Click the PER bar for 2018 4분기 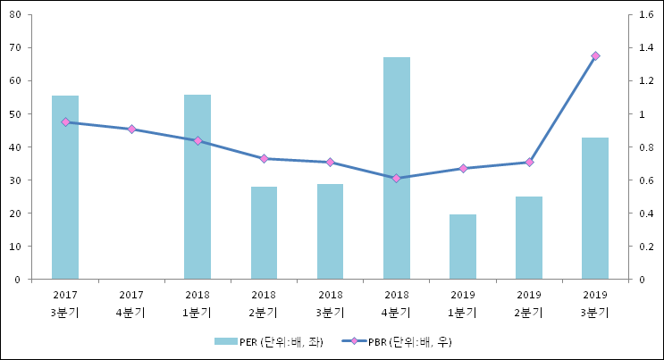tap(397, 168)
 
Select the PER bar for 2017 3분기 tap(65, 188)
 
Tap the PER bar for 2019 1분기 tap(463, 247)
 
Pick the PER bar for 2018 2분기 tap(264, 232)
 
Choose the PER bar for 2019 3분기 tap(595, 208)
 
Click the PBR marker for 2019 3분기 tap(595, 56)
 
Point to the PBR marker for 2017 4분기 tap(131, 130)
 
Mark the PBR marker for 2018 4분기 tap(397, 178)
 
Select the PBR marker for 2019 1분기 tap(463, 168)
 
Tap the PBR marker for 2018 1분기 tap(198, 140)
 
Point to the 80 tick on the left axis tap(17, 14)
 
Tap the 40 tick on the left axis tap(17, 147)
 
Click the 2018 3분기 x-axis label tap(330, 303)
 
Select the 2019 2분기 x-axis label tap(529, 303)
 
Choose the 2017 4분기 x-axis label tap(131, 303)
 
